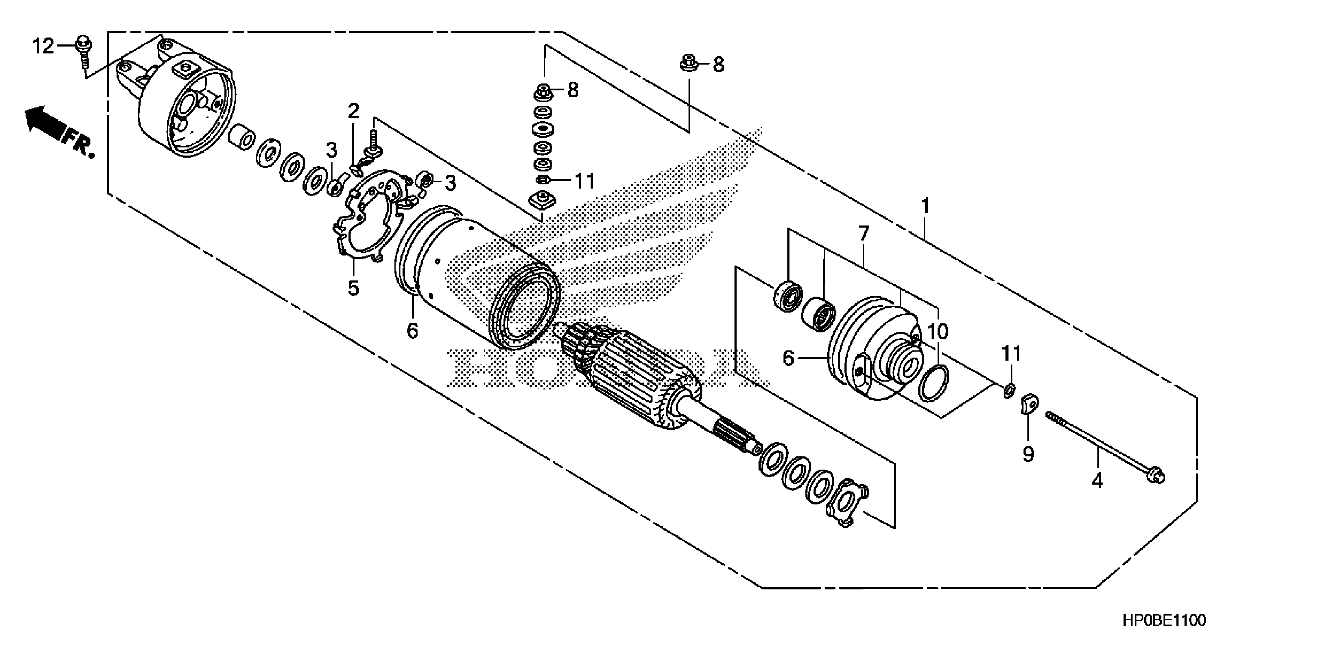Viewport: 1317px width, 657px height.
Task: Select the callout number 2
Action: point(353,111)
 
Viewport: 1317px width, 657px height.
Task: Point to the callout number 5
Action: point(353,288)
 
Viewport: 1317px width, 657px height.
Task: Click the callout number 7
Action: point(864,234)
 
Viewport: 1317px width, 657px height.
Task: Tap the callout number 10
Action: point(937,331)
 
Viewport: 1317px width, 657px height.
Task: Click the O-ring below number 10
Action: point(934,383)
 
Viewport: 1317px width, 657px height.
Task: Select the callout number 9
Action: point(1028,453)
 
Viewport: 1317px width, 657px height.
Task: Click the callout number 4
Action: point(1097,481)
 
